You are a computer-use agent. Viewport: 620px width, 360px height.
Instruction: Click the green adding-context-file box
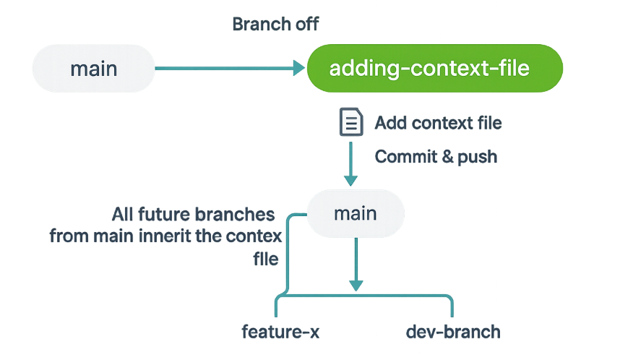tap(434, 68)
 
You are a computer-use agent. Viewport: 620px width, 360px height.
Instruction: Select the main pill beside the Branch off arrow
tap(93, 69)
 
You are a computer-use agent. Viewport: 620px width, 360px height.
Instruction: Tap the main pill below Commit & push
tap(356, 214)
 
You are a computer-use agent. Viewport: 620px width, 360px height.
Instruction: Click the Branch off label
tap(275, 24)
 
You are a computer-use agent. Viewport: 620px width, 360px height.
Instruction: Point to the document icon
tap(351, 122)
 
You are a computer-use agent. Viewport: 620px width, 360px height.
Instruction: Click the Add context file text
tap(438, 123)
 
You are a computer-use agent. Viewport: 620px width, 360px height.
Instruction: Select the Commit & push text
tap(436, 157)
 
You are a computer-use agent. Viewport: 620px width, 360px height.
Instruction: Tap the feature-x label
tap(280, 332)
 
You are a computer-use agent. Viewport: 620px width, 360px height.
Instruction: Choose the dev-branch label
tap(453, 332)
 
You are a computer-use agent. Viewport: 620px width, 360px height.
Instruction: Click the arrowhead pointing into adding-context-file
tap(299, 68)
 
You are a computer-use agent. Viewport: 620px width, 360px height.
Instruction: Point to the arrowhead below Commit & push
tap(350, 181)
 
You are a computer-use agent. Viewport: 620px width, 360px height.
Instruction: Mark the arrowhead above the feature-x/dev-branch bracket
tap(356, 286)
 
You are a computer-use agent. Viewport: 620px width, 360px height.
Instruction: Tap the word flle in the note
tap(266, 259)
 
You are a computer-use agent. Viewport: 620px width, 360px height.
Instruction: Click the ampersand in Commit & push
tap(447, 156)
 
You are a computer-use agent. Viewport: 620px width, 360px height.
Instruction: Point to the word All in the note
tap(122, 215)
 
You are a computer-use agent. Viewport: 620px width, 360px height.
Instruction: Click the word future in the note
tap(164, 215)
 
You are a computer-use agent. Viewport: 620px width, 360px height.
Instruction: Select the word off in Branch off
tap(307, 24)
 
